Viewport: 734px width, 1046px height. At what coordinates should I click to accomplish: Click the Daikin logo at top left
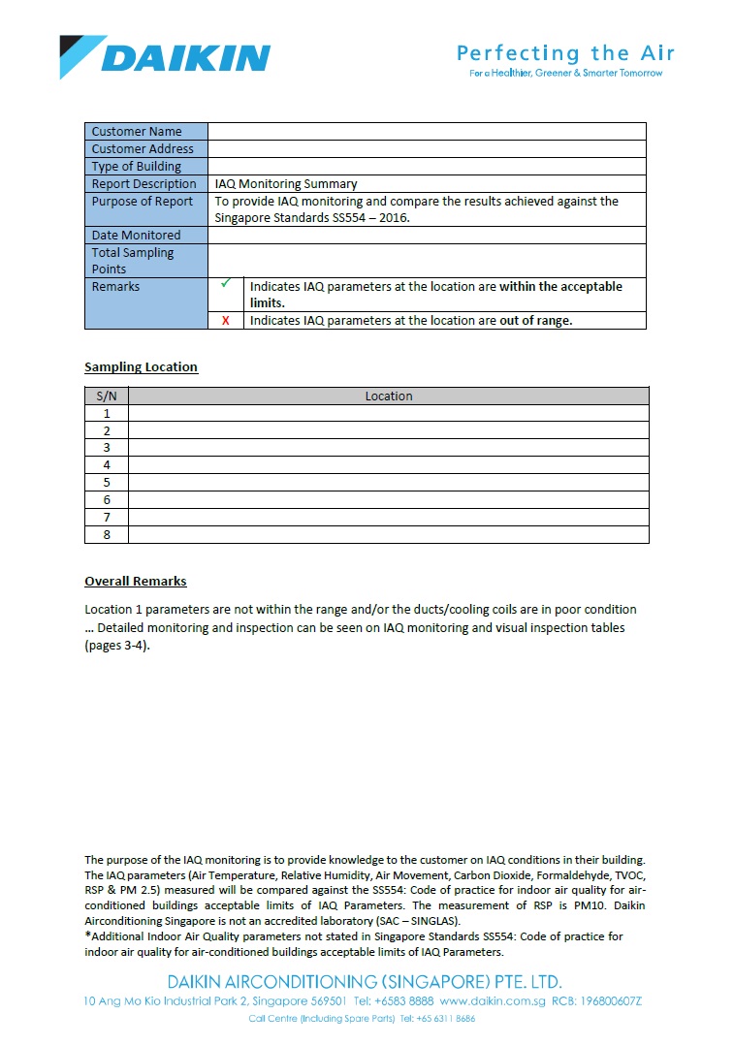coord(165,56)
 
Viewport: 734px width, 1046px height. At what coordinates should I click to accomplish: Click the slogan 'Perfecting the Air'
coord(565,53)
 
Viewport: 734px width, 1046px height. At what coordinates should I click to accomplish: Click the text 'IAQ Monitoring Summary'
coord(286,184)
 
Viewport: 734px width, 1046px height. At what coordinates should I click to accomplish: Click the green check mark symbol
coord(226,284)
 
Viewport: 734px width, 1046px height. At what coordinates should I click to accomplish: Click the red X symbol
coord(226,321)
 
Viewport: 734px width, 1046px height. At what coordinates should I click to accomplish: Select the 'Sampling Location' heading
coord(141,367)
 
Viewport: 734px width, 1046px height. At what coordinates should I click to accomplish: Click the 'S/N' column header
coord(107,396)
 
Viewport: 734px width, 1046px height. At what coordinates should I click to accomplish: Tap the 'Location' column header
coord(389,396)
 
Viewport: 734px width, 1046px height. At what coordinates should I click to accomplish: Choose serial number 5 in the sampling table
coord(107,483)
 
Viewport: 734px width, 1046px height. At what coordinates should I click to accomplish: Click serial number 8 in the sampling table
coord(107,535)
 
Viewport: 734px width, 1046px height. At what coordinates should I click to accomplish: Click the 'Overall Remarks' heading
coord(136,582)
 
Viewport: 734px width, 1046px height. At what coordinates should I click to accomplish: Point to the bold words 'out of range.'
coord(536,321)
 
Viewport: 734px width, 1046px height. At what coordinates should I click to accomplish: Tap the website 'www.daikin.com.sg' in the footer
coord(493,1000)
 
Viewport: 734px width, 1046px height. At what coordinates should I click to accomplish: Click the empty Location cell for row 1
coord(388,414)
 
